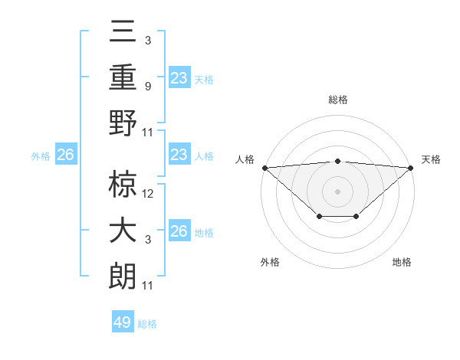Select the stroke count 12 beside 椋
tap(149, 193)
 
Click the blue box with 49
tap(123, 322)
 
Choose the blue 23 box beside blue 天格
tap(179, 77)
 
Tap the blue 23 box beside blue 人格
tap(179, 155)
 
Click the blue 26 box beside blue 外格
tap(65, 155)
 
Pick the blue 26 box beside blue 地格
tap(179, 231)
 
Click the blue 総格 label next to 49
tap(147, 324)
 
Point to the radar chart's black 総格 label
tap(338, 100)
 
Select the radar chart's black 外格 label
tap(270, 262)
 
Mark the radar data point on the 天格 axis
tap(412, 167)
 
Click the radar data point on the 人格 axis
tap(264, 167)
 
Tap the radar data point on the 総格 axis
tap(338, 161)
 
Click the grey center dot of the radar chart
tap(338, 191)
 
